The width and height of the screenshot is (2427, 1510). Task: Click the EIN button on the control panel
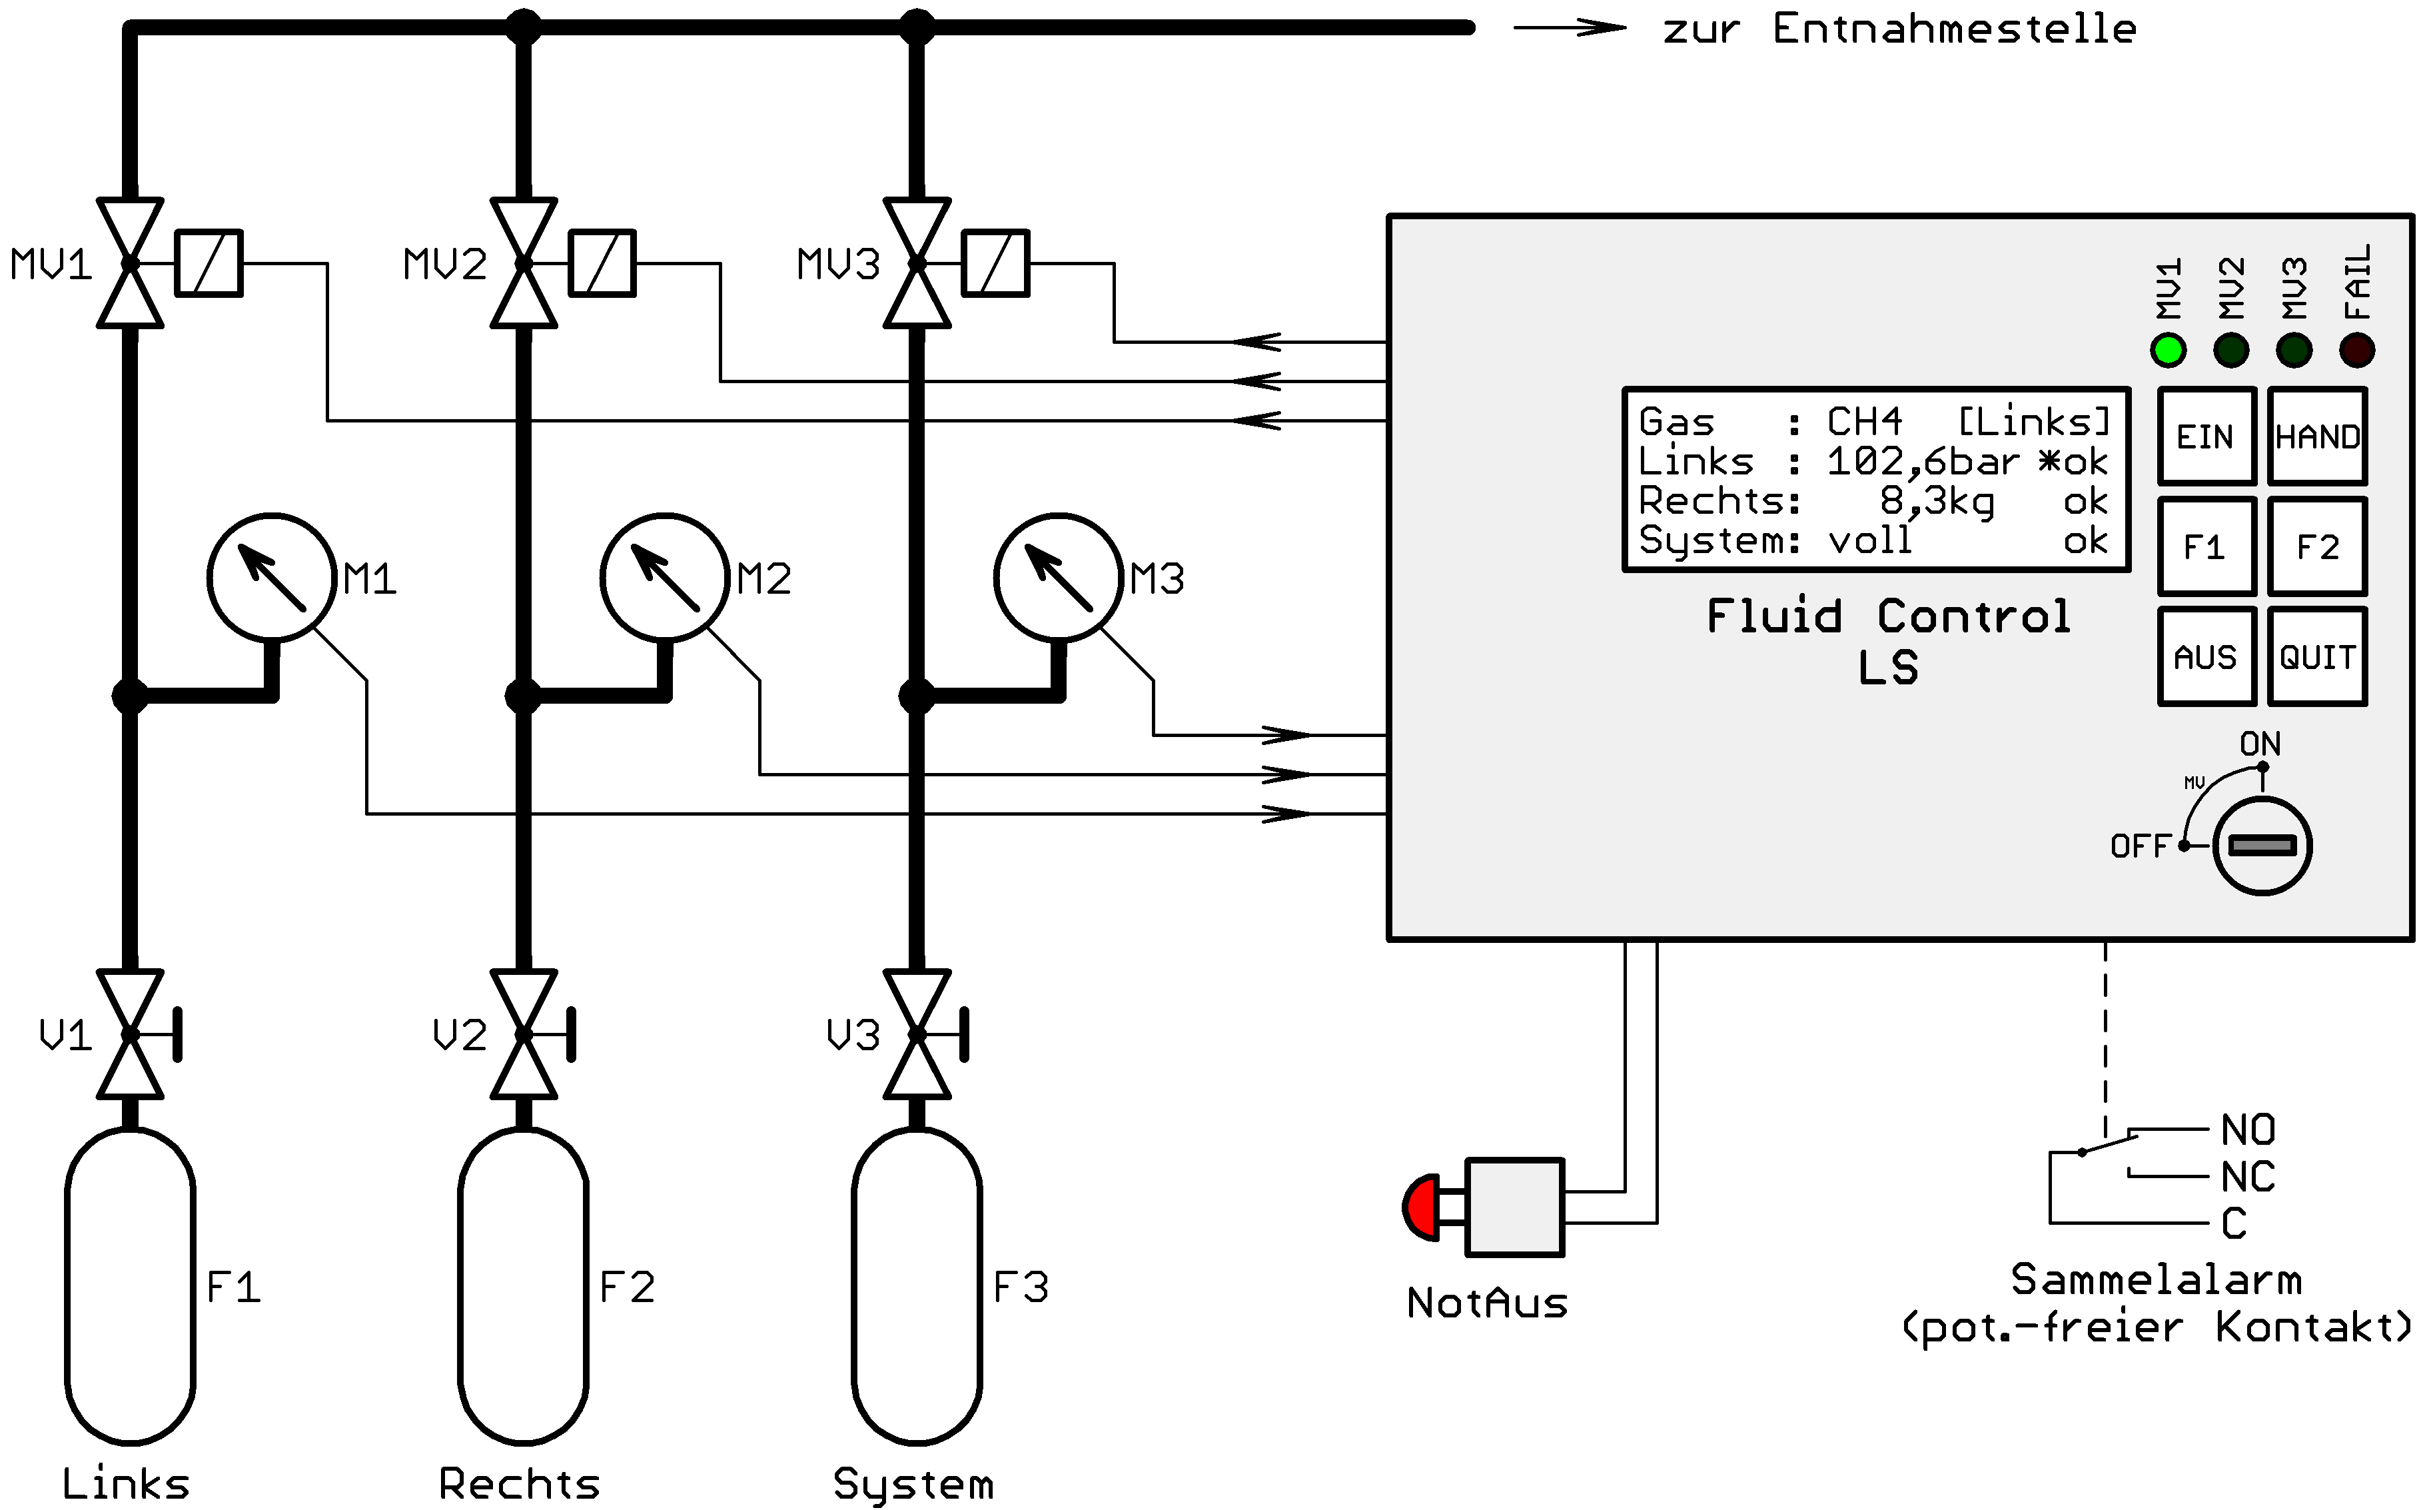point(2205,436)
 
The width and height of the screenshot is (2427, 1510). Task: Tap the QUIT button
point(2317,657)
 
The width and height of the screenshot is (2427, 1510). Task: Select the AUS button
point(2205,657)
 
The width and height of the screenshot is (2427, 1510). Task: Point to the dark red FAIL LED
point(2356,351)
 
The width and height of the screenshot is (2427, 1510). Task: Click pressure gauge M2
point(665,577)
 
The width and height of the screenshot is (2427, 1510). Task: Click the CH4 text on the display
point(1864,421)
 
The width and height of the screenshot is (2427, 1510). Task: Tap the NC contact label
point(2247,1176)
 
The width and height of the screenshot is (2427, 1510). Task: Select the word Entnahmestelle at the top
point(1954,29)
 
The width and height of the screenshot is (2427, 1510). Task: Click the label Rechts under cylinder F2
point(519,1484)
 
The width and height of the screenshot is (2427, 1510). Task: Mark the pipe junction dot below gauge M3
point(917,696)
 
